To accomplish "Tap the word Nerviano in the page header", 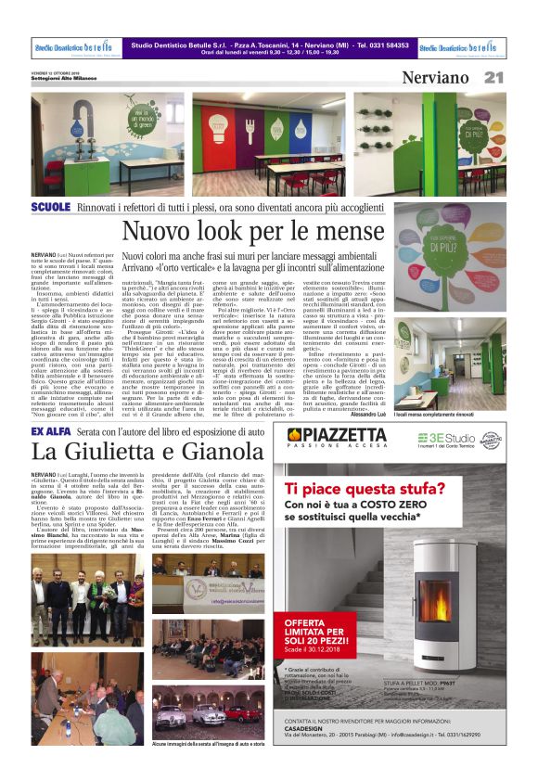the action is pyautogui.click(x=435, y=78).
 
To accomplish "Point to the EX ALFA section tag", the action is pyautogui.click(x=47, y=432).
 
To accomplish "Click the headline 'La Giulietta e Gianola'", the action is pyautogui.click(x=134, y=452).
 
